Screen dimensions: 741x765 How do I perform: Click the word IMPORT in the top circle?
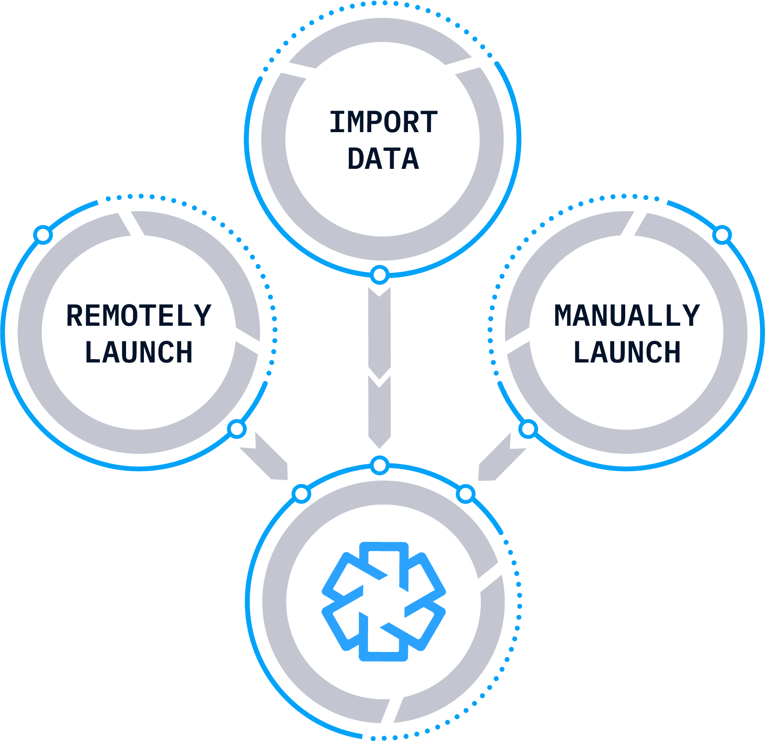383,122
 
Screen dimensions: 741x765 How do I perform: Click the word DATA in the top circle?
383,159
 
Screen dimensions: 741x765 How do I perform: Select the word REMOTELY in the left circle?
138,316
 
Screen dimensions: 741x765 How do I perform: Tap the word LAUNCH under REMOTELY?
138,352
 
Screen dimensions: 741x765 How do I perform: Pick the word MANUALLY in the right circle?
627,316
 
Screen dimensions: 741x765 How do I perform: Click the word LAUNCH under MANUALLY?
627,352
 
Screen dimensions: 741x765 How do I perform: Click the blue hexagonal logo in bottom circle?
383,602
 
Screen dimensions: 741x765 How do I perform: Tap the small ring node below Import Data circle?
380,275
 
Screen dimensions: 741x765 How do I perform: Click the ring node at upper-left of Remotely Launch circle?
43,235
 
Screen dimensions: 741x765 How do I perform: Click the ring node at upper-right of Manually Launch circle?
722,235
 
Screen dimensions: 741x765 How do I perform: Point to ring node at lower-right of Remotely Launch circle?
237,429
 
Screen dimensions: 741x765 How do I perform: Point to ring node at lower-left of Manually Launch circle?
528,429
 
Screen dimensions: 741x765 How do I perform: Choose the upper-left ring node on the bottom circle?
301,494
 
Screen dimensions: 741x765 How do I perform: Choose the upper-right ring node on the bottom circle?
466,494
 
